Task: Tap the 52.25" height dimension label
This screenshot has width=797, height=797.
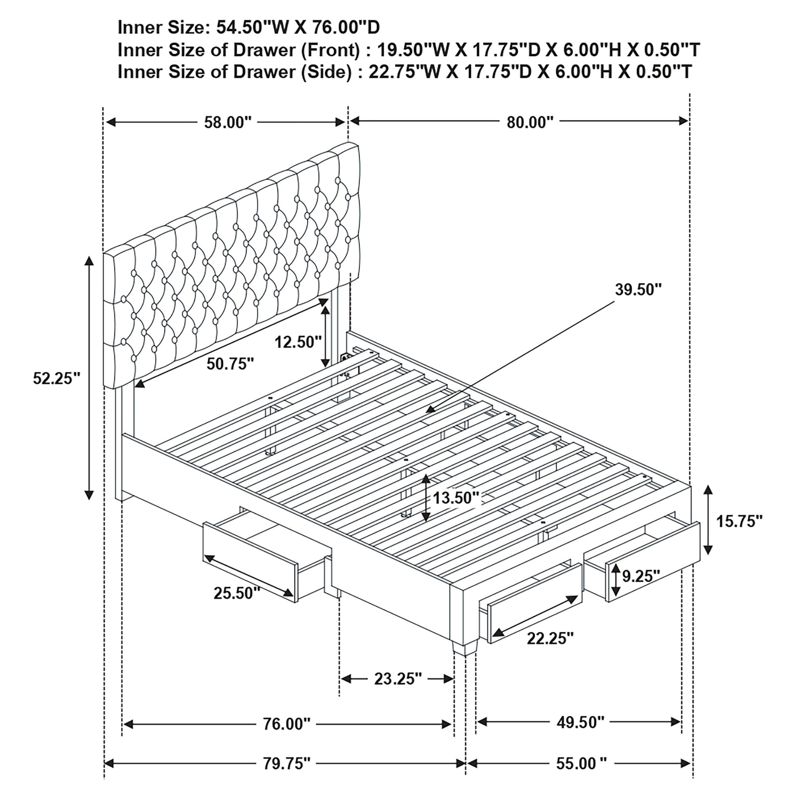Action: point(56,378)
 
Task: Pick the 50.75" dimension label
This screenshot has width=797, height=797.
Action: point(230,364)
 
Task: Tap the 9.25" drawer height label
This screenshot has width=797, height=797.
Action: point(641,576)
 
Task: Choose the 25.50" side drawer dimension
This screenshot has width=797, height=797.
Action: point(237,593)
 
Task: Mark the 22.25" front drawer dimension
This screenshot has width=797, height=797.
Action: point(550,639)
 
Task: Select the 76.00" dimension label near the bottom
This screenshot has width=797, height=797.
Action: point(286,724)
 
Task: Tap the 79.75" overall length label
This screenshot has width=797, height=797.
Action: point(286,764)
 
